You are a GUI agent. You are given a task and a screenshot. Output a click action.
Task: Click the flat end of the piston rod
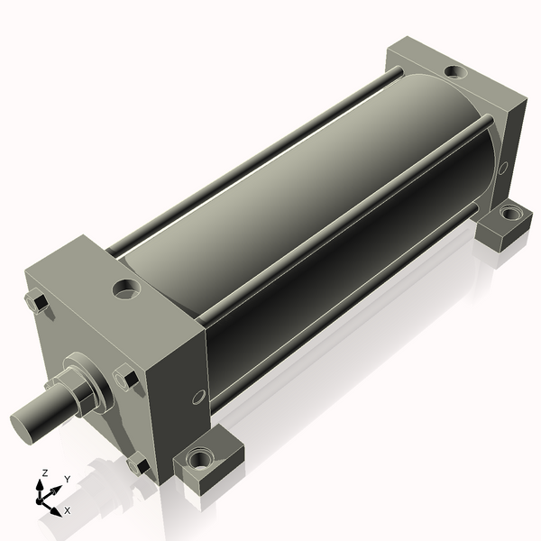click(x=23, y=427)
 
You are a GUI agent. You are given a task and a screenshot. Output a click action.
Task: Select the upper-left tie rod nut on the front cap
click(x=37, y=302)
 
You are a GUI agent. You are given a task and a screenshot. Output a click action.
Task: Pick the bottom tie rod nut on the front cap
click(x=138, y=463)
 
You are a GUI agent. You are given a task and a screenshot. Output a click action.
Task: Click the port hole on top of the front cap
click(x=126, y=289)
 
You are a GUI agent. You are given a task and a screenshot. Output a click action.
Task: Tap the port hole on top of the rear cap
click(x=455, y=71)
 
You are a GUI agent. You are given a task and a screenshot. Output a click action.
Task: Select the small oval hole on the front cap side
click(x=199, y=397)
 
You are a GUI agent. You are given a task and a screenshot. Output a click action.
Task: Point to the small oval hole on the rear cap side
click(x=503, y=168)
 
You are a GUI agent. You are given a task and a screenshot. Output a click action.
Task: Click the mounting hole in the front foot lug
click(x=200, y=459)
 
